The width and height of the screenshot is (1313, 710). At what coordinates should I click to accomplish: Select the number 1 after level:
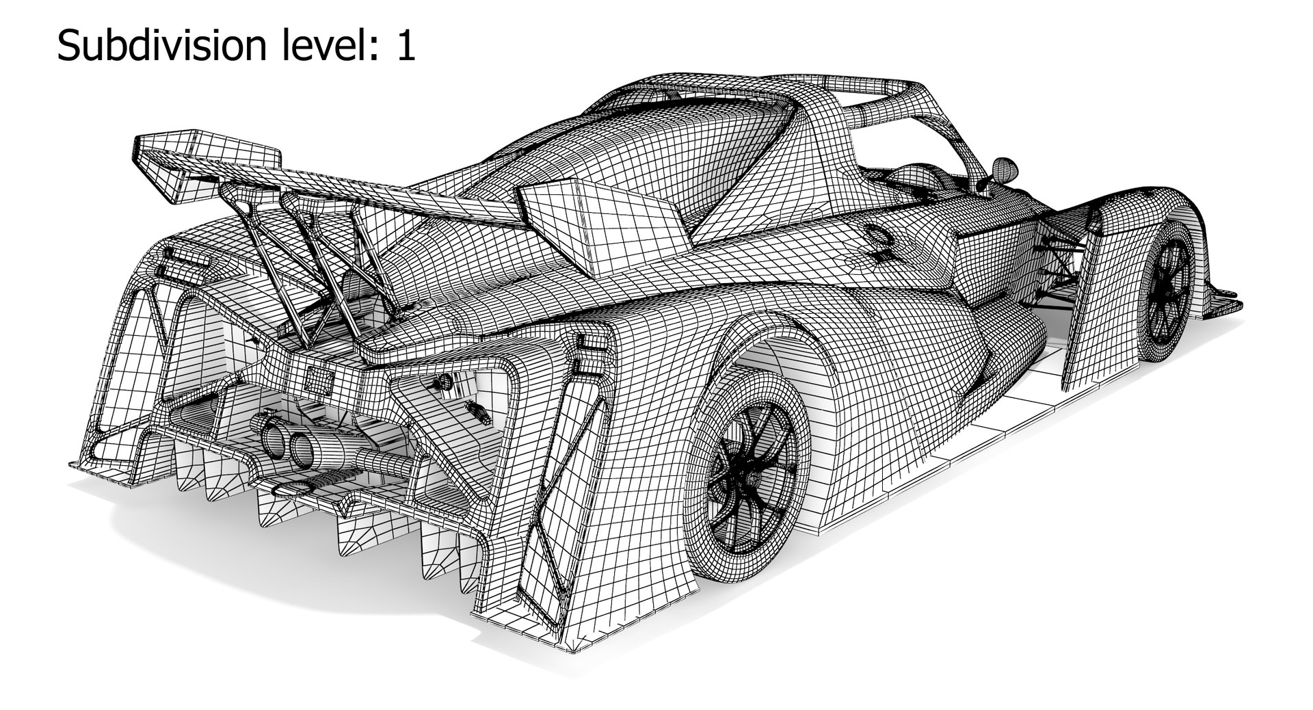(405, 47)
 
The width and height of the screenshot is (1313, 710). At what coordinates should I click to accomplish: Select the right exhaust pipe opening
(302, 448)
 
